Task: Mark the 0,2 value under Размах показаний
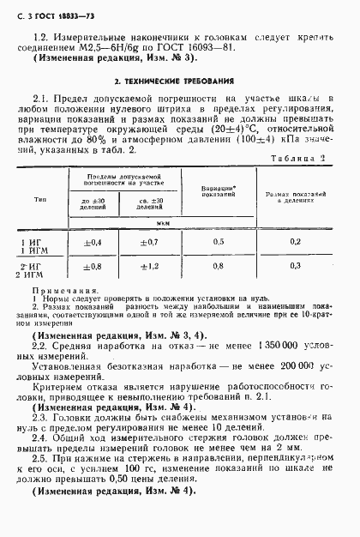pos(295,243)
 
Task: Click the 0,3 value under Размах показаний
pos(295,266)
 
